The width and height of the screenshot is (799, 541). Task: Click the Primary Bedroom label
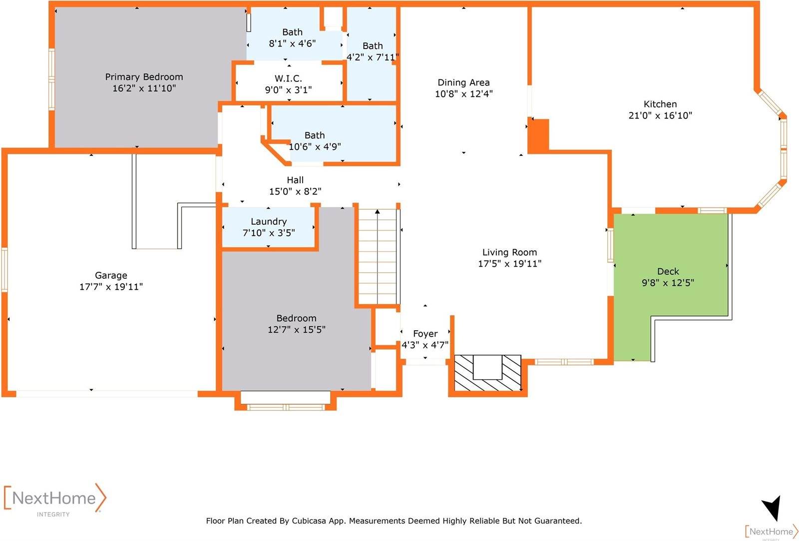coord(144,77)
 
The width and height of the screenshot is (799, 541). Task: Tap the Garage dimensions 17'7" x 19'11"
coord(111,287)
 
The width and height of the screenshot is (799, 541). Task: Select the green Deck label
coord(668,271)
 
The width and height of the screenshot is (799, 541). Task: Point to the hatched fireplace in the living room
coord(487,373)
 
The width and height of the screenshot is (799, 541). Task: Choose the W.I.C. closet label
coord(288,78)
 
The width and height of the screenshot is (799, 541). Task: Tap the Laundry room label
coord(269,222)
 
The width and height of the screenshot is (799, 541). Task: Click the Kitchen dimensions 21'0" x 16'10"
coord(660,115)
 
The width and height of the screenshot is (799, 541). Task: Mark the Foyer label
coord(425,334)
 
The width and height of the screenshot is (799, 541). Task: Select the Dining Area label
coord(464,82)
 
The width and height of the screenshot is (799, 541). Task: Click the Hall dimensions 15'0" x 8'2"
coord(295,191)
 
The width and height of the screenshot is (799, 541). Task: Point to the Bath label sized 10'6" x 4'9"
coord(315,135)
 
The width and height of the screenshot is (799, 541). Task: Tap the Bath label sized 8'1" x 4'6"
coord(293,32)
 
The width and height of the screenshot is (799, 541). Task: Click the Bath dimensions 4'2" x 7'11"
coord(373,57)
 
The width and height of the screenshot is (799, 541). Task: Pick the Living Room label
coord(510,252)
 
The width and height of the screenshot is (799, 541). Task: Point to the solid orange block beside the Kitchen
coord(538,135)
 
